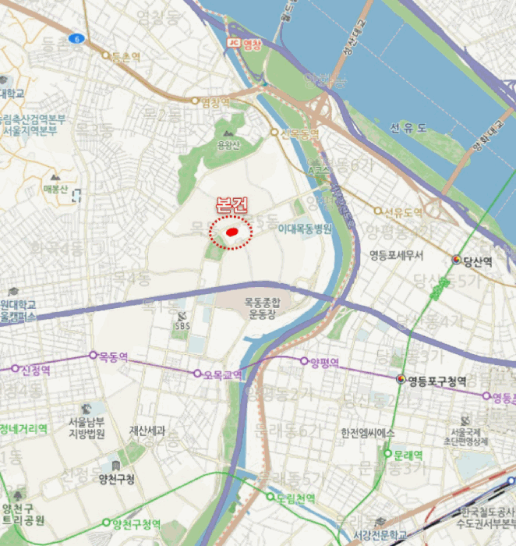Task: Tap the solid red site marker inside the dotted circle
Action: pyautogui.click(x=231, y=232)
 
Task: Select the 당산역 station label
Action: pyautogui.click(x=477, y=261)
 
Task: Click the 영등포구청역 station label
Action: pyautogui.click(x=436, y=381)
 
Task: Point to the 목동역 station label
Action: pyautogui.click(x=113, y=356)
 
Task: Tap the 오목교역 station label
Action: pyautogui.click(x=222, y=374)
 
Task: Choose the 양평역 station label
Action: pyautogui.click(x=324, y=362)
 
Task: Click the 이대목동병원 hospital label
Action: pyautogui.click(x=305, y=229)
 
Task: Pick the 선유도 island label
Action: pyautogui.click(x=408, y=127)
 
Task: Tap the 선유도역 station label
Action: pyautogui.click(x=403, y=211)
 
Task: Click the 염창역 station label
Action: pyautogui.click(x=216, y=101)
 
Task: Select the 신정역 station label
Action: pyautogui.click(x=36, y=368)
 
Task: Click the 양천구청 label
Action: pyautogui.click(x=117, y=478)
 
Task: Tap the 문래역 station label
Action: pyautogui.click(x=408, y=455)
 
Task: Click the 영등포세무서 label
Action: pyautogui.click(x=396, y=255)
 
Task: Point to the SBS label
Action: pyautogui.click(x=182, y=326)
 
